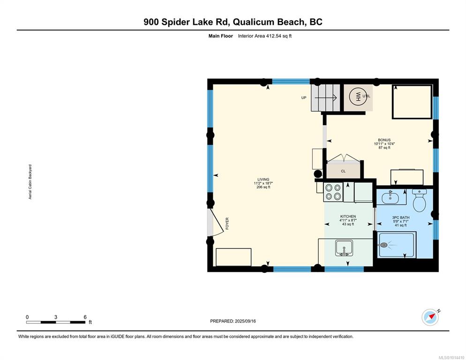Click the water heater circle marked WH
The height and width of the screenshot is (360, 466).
pos(358,96)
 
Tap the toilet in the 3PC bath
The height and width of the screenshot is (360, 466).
pos(419,200)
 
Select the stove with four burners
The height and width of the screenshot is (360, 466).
pos(333,192)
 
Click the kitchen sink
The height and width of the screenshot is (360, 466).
pos(344,248)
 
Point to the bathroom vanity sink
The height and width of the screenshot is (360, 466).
pos(391,197)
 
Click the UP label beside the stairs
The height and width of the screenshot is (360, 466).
pos(304,97)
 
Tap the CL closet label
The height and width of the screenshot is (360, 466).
pos(343,171)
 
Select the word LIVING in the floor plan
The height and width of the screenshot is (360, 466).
pos(263,179)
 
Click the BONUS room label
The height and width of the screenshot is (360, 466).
pos(384,140)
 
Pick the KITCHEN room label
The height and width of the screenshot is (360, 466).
pos(348,217)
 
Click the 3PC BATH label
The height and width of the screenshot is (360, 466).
pos(401,217)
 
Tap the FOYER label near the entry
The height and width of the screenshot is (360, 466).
pos(227,223)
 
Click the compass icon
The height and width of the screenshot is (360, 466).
pos(430,317)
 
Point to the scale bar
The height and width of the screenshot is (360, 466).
pos(56,322)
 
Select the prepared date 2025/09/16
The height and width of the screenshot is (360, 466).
pos(246,321)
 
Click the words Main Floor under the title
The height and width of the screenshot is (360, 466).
pos(220,36)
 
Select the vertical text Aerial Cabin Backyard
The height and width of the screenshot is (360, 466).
pos(30,182)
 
